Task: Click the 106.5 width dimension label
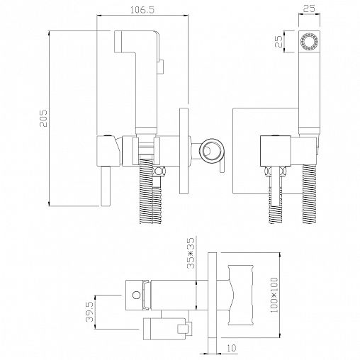pyautogui.click(x=142, y=10)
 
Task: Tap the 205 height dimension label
pyautogui.click(x=43, y=118)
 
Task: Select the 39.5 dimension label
pyautogui.click(x=90, y=312)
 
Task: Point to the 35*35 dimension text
pyautogui.click(x=191, y=253)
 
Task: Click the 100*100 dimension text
pyautogui.click(x=274, y=295)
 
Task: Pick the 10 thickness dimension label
pyautogui.click(x=231, y=348)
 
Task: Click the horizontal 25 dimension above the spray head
pyautogui.click(x=309, y=9)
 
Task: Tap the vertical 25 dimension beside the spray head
pyautogui.click(x=279, y=42)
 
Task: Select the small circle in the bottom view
pyautogui.click(x=136, y=295)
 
